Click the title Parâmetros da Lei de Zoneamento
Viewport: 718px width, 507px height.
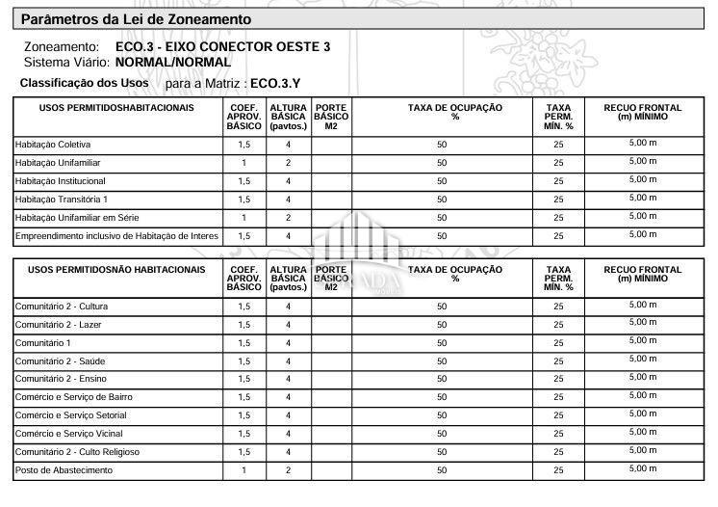tap(136, 19)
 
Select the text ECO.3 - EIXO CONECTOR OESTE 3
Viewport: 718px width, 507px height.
tap(222, 46)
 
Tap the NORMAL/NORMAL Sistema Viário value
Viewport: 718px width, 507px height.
tap(173, 62)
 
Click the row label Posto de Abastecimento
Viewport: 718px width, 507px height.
tap(64, 470)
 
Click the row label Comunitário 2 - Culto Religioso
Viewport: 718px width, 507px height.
tap(78, 452)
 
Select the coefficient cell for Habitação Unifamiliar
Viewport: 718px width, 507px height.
tap(244, 163)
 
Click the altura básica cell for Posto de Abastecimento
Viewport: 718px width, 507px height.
tap(288, 470)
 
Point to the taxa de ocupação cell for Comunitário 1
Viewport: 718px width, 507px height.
tap(442, 343)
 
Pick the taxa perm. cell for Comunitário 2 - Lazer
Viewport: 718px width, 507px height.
tap(558, 325)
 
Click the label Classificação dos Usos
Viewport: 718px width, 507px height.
tap(85, 84)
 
